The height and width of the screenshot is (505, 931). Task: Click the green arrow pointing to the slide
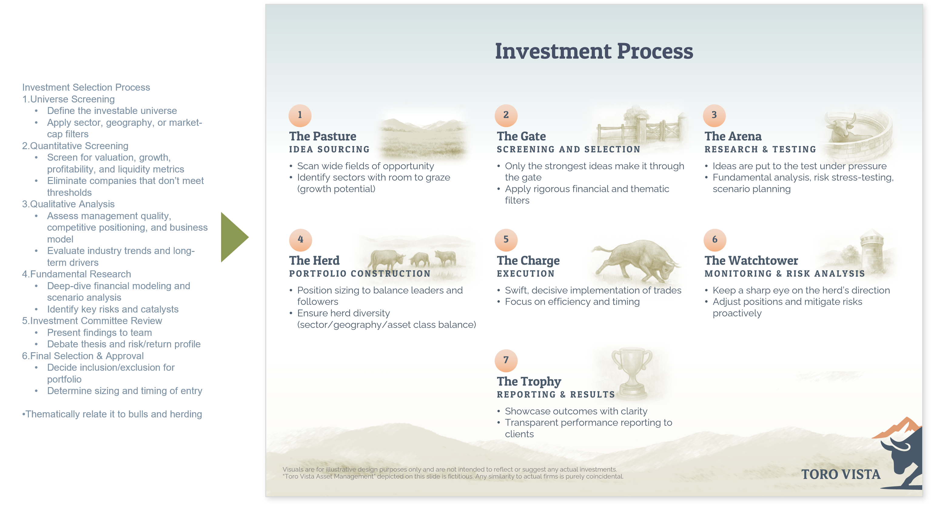click(233, 237)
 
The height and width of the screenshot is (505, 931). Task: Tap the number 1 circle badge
click(300, 115)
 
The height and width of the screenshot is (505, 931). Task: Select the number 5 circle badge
click(506, 239)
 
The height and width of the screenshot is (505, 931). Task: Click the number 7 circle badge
click(506, 360)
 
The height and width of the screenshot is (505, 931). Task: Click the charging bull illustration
click(636, 261)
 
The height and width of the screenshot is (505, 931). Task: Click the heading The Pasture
click(322, 136)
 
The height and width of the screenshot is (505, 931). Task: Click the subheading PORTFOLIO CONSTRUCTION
click(360, 273)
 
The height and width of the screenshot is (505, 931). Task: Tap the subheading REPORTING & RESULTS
click(556, 394)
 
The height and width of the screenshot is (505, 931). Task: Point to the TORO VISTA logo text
click(841, 474)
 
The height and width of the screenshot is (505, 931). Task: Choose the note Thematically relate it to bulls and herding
click(112, 414)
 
